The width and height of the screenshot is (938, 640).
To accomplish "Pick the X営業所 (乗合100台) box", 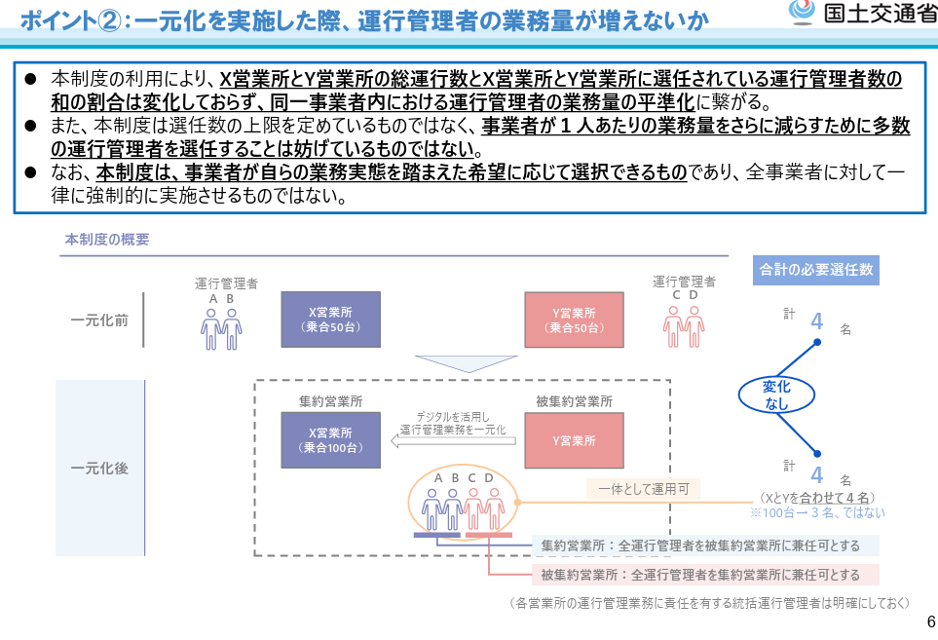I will click(x=329, y=439).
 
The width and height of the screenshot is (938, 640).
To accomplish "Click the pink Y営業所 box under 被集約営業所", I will click(x=574, y=439).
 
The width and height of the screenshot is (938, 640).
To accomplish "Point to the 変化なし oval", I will click(x=776, y=395).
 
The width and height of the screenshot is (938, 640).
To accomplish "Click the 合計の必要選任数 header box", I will click(x=816, y=269).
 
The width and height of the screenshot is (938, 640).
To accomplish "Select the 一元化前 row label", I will click(x=99, y=320).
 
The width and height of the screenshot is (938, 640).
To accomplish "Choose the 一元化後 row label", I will click(x=99, y=468).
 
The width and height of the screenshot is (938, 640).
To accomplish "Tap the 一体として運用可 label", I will click(x=643, y=490).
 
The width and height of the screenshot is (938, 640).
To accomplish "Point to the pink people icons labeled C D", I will click(x=684, y=325).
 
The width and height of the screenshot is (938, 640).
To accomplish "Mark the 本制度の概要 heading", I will click(x=107, y=239).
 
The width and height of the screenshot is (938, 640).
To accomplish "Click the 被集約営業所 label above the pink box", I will click(x=574, y=400).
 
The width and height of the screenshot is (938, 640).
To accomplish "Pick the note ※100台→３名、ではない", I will click(x=816, y=512).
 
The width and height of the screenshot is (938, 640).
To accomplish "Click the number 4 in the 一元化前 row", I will click(x=816, y=321).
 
